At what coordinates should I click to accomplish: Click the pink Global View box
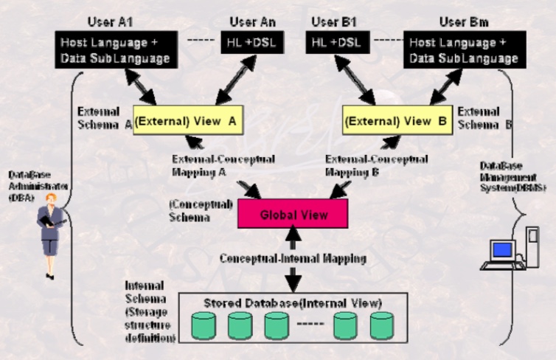click(284, 215)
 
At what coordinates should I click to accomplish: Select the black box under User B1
click(336, 45)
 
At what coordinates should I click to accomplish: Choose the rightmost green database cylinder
click(383, 325)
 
